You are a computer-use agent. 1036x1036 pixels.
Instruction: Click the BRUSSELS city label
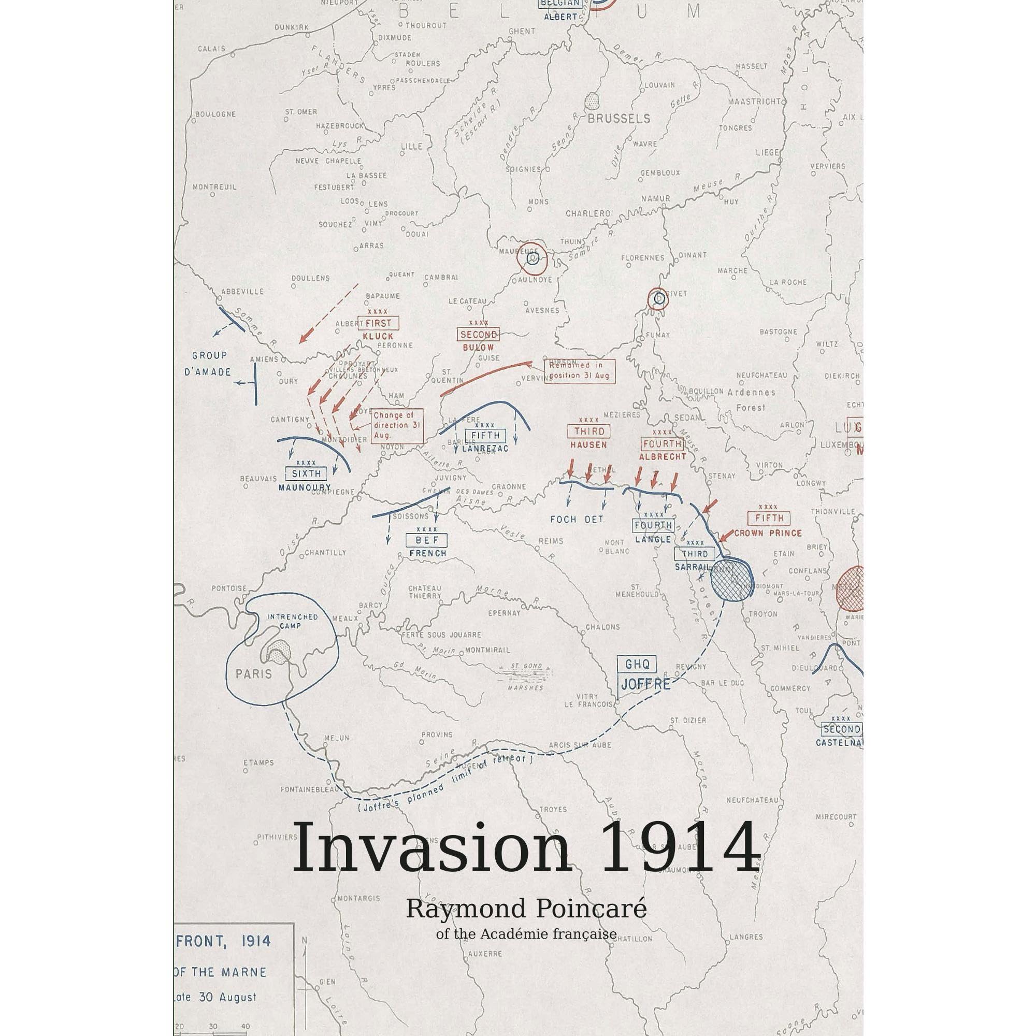coord(618,119)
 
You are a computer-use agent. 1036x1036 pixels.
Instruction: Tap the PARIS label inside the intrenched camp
coord(254,673)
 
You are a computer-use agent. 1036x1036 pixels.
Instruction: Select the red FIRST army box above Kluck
coord(378,323)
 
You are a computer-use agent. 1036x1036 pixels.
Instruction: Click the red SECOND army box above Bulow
coord(478,335)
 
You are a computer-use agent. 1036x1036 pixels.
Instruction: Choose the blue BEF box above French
coord(427,540)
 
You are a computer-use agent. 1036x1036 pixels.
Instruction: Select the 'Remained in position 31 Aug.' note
coord(580,370)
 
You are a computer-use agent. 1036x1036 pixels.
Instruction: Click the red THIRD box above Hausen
coord(589,431)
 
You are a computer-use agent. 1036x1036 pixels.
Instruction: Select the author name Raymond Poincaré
coord(525,910)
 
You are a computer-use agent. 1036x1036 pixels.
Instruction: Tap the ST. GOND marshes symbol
coord(523,670)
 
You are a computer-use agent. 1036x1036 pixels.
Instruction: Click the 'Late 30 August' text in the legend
coord(214,997)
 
